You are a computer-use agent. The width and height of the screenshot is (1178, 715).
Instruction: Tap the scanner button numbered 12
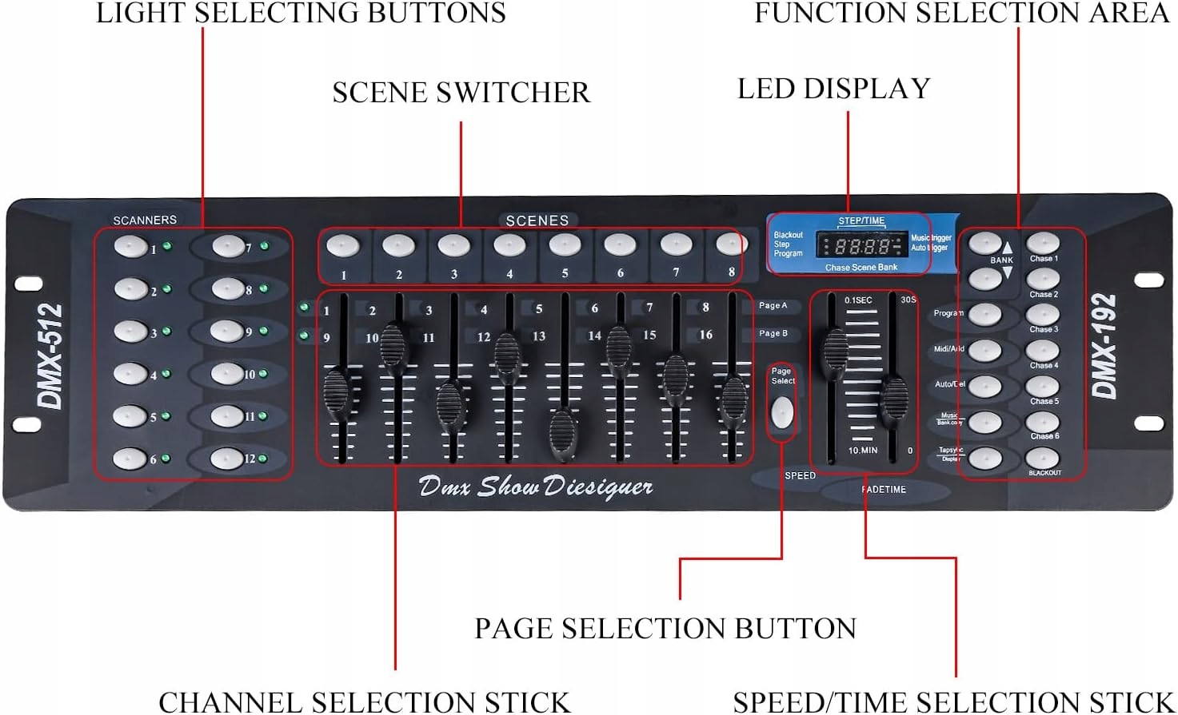[226, 459]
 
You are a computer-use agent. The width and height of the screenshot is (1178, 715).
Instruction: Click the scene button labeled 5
[565, 245]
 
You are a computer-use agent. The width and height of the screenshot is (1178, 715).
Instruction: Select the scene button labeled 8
[731, 243]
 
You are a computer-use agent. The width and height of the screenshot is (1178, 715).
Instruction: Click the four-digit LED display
[862, 245]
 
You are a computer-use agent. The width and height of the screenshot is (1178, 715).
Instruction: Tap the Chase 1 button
[1043, 243]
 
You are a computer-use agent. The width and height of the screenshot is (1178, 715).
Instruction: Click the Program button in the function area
[985, 315]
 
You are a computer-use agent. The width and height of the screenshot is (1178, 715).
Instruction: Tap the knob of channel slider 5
[563, 434]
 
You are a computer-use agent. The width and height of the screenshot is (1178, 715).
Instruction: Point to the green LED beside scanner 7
[264, 246]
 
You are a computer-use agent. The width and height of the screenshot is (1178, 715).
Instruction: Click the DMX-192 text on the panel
[1104, 346]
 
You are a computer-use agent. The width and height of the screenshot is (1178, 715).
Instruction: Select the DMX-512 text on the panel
[50, 356]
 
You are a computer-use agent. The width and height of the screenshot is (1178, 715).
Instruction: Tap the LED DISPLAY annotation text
[833, 89]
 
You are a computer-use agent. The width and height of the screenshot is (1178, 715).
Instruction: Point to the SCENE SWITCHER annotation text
[461, 93]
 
